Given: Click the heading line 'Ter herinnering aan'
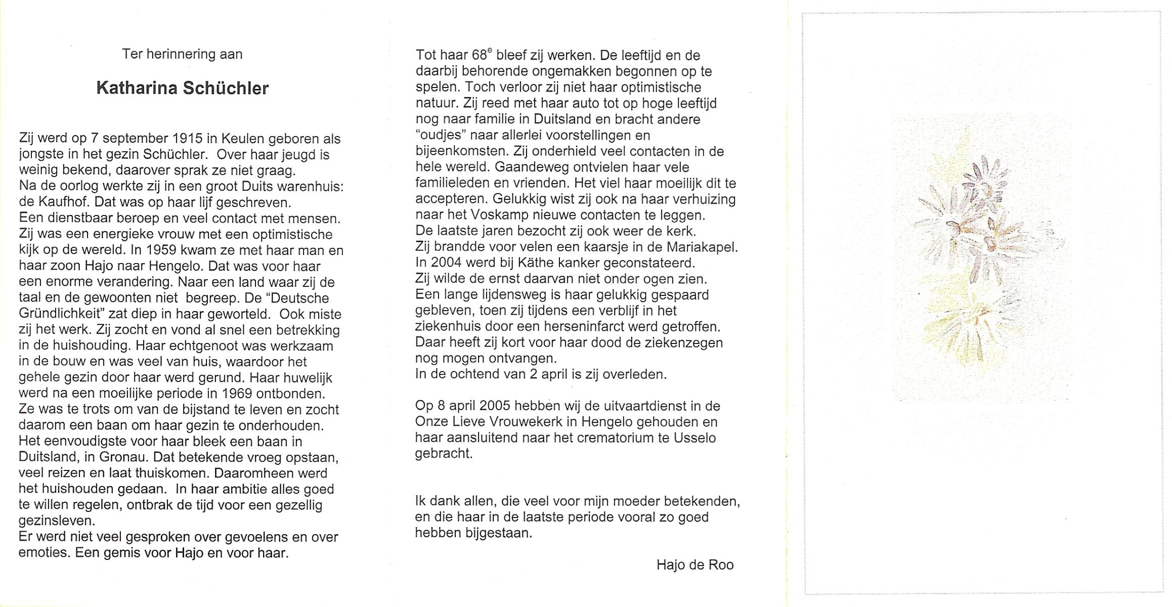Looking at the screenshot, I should [182, 54].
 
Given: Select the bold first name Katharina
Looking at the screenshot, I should [137, 89].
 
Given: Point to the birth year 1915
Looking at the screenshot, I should [187, 139].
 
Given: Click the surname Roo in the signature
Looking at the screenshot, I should [721, 565].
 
